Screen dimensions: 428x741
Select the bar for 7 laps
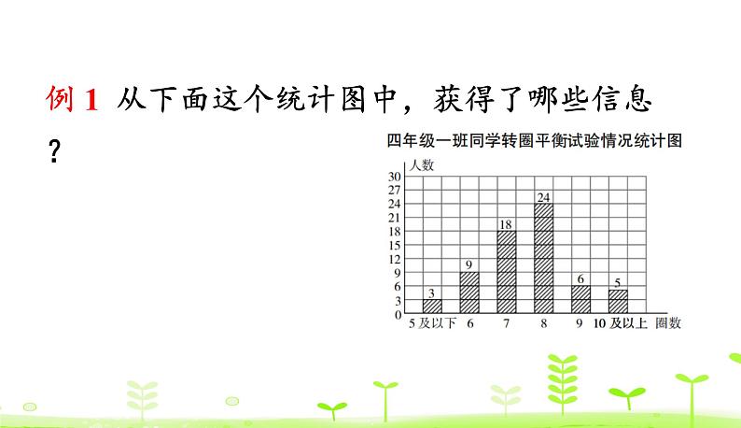[507, 272]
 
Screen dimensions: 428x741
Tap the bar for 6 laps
[469, 292]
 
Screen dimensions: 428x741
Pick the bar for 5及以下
[432, 307]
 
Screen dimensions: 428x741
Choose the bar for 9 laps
[580, 300]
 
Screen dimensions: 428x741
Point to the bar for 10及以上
[618, 302]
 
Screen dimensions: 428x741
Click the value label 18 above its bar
[507, 224]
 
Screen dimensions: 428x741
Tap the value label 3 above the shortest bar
[432, 292]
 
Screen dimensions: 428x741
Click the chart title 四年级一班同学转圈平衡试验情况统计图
[535, 141]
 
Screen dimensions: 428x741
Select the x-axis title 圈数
[668, 324]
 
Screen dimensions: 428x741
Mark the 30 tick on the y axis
[395, 177]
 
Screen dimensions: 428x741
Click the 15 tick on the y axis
[395, 245]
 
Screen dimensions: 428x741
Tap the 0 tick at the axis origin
[397, 315]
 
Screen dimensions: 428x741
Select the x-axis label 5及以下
[431, 324]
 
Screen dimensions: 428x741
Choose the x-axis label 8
[543, 324]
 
